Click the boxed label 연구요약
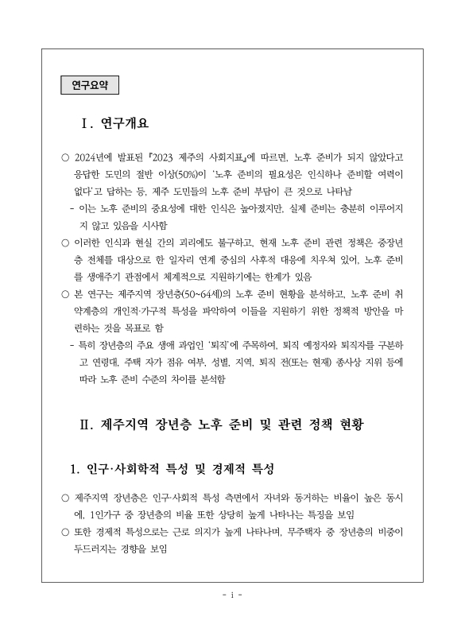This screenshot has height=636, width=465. pos(89,83)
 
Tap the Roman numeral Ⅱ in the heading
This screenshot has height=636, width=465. pos(87,424)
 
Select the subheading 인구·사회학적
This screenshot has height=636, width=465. pos(125,467)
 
